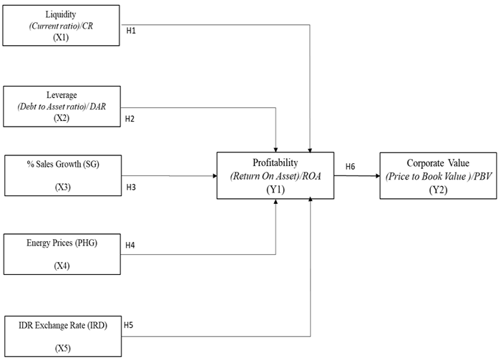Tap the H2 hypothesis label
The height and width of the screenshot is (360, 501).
[x=130, y=118]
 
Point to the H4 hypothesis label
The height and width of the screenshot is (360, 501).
[x=130, y=245]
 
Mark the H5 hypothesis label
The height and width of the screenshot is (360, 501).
[x=129, y=323]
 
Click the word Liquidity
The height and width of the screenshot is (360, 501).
[x=61, y=13]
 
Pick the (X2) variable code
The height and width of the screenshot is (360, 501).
[x=61, y=117]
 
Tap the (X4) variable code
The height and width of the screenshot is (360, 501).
[x=61, y=266]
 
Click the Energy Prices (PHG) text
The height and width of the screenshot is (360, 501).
[x=60, y=243]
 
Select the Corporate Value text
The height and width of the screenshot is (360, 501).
[x=437, y=162]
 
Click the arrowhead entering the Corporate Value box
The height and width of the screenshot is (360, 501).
[x=375, y=175]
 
